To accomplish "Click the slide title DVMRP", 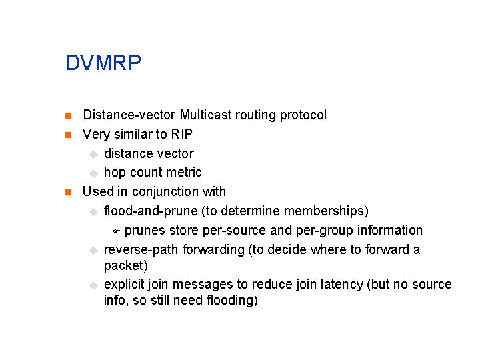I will pyautogui.click(x=103, y=63).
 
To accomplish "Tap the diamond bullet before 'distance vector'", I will pyautogui.click(x=93, y=154).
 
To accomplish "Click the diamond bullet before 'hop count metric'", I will pyautogui.click(x=93, y=173).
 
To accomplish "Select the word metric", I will pyautogui.click(x=184, y=173).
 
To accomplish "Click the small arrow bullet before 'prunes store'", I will pyautogui.click(x=115, y=231).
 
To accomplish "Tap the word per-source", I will pyautogui.click(x=227, y=230).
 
